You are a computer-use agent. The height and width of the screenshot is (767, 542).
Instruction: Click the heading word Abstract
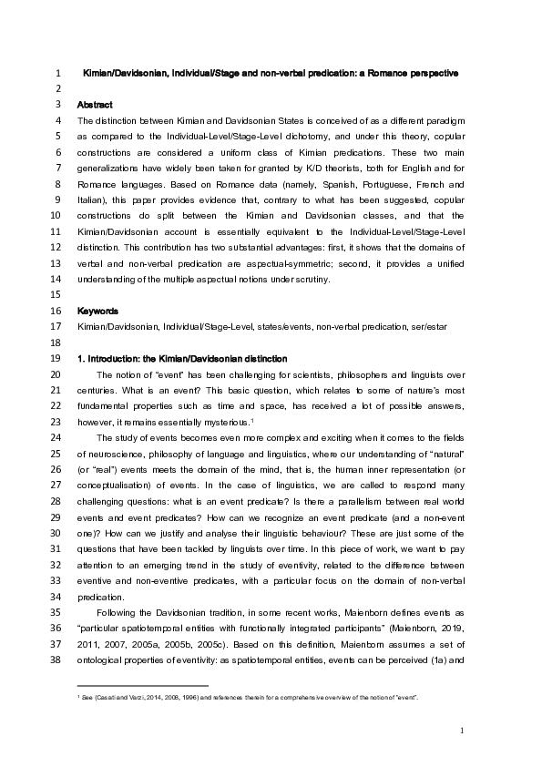(x=95, y=105)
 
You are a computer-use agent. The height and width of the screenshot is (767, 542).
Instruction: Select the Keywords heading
(x=97, y=311)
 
